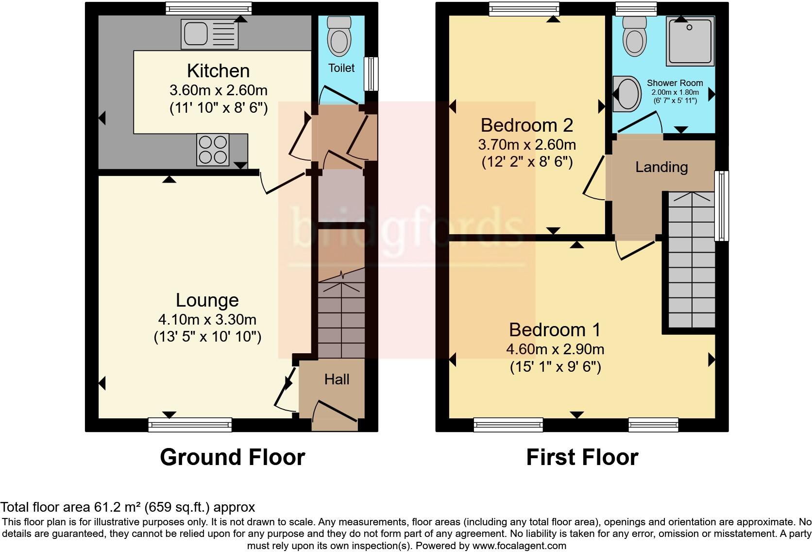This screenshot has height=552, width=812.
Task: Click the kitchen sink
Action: [x=210, y=34]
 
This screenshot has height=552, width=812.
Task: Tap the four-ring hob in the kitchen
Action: [x=213, y=149]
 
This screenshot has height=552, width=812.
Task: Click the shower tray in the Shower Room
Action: [x=690, y=41]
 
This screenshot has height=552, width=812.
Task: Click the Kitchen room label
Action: [x=219, y=71]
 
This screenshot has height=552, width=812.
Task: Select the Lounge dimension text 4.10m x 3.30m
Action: [x=207, y=320]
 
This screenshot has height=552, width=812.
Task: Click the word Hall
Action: [x=337, y=379]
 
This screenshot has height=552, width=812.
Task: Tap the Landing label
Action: [x=661, y=167]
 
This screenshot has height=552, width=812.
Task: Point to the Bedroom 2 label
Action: [x=527, y=125]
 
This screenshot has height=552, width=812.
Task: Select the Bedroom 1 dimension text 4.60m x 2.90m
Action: [x=555, y=349]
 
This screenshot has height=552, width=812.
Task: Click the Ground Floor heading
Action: [x=232, y=457]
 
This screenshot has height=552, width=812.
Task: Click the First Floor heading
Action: [x=582, y=457]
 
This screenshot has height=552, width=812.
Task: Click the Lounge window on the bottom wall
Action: [x=190, y=425]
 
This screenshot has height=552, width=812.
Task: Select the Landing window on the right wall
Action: [x=722, y=206]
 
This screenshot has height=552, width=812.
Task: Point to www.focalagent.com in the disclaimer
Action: [x=519, y=546]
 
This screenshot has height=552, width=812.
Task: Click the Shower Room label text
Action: [x=675, y=83]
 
